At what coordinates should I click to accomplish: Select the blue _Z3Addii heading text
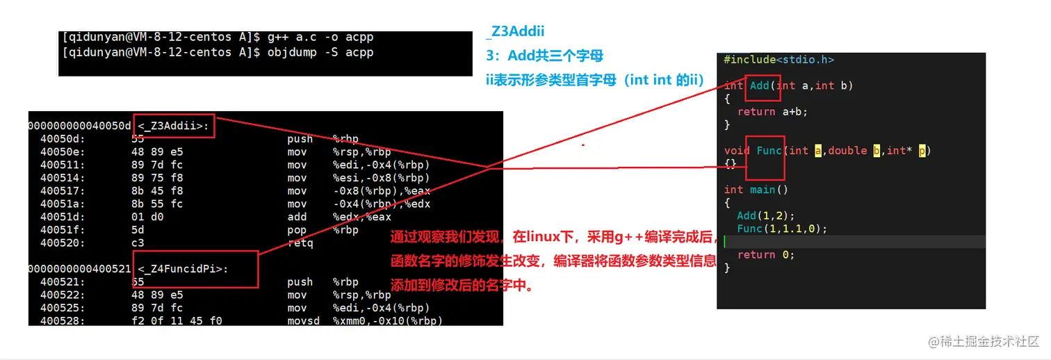pos(515,31)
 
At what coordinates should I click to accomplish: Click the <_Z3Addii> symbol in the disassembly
pos(174,126)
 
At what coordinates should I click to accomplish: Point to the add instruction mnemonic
pos(296,217)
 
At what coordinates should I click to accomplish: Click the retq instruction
pos(300,243)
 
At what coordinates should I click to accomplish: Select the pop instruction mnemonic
pos(296,230)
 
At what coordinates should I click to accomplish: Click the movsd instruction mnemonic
pos(303,321)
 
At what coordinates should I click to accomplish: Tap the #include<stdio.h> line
pos(779,60)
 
